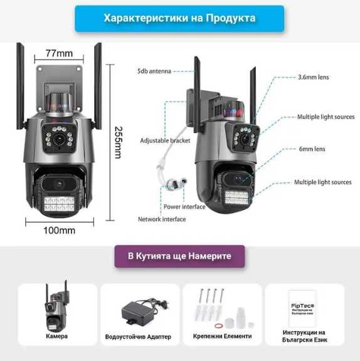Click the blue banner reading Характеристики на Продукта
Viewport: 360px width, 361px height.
(179, 18)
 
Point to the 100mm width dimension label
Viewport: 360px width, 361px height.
(59, 231)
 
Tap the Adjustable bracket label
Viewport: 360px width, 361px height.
(165, 140)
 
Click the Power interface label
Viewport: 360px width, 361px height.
(184, 206)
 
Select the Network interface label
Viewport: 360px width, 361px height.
(162, 219)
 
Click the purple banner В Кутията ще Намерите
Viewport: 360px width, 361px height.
(179, 256)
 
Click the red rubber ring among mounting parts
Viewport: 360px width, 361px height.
(218, 325)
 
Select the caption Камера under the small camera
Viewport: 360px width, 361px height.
(57, 337)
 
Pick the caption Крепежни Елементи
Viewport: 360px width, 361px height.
(222, 337)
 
